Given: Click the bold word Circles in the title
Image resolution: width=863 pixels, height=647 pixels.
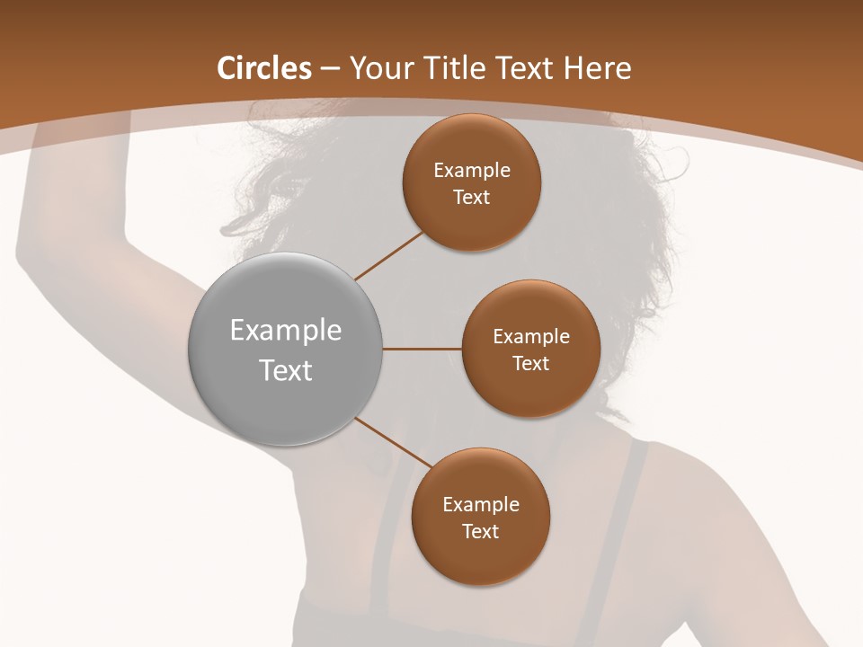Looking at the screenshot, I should [264, 68].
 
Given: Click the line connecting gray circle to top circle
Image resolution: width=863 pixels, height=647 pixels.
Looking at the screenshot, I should [388, 255].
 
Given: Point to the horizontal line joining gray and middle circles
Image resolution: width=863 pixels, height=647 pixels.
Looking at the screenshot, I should [422, 349].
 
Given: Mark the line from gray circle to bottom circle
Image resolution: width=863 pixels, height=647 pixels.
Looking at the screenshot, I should [393, 442].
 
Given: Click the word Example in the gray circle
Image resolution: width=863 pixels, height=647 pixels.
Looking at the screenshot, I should [286, 331].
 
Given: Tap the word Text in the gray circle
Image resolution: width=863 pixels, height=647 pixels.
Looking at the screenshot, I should [286, 370].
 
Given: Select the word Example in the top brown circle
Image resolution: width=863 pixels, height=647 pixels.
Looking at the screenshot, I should [472, 171].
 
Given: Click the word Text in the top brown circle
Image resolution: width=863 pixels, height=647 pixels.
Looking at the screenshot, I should [472, 198].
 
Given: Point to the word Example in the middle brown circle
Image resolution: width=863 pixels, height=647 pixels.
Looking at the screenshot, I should [531, 337].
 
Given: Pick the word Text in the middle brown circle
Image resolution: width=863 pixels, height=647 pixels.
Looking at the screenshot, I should [531, 364].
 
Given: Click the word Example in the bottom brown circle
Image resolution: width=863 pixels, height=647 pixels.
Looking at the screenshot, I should [481, 505].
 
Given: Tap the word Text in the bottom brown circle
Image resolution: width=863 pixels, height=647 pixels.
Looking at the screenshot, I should [481, 532].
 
